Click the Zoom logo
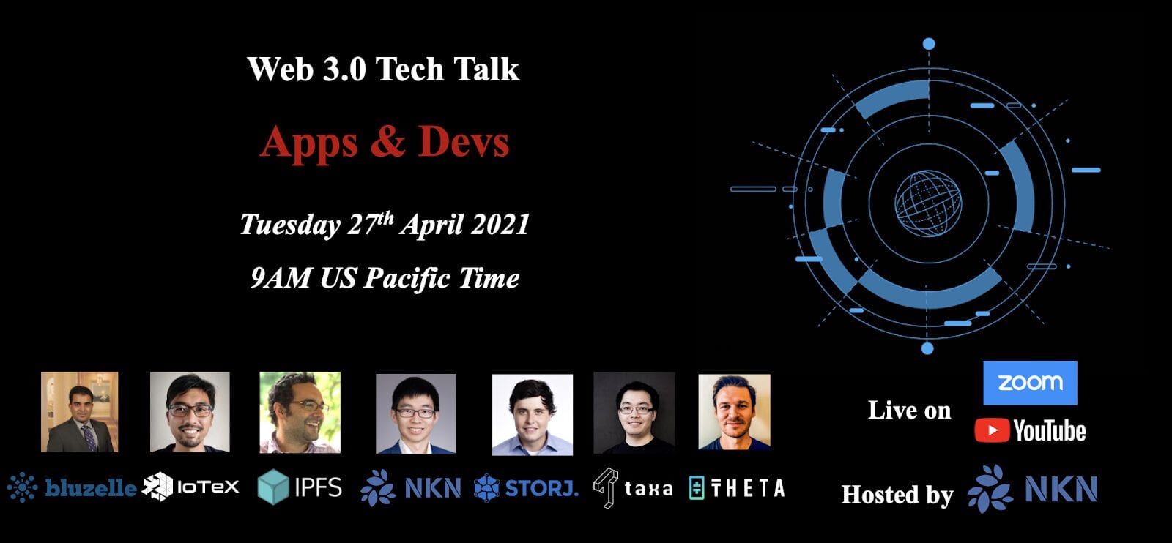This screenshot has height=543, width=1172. click(x=1030, y=383)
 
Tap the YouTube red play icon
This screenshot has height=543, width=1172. click(x=992, y=430)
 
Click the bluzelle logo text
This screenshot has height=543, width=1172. click(x=91, y=488)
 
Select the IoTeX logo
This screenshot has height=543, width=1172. click(x=190, y=487)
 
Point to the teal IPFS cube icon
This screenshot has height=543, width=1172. click(x=273, y=487)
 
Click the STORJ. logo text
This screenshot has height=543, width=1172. click(x=541, y=488)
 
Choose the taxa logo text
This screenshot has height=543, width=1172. click(x=648, y=489)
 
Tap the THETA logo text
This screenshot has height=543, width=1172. click(x=748, y=488)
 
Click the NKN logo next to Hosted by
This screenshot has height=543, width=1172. click(x=1032, y=489)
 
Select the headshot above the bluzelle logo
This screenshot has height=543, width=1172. click(x=80, y=412)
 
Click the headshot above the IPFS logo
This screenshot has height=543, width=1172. click(x=300, y=412)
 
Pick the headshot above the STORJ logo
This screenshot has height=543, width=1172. click(x=532, y=414)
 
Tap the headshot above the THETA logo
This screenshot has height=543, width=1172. click(x=734, y=412)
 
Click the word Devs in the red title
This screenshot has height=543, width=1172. click(x=463, y=142)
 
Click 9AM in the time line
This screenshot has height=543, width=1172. click(x=281, y=277)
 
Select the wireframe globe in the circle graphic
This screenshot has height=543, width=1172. click(x=927, y=203)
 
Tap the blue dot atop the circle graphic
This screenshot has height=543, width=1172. click(x=929, y=44)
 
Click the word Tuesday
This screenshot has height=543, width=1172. click(x=290, y=225)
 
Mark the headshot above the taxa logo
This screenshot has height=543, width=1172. click(x=634, y=413)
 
